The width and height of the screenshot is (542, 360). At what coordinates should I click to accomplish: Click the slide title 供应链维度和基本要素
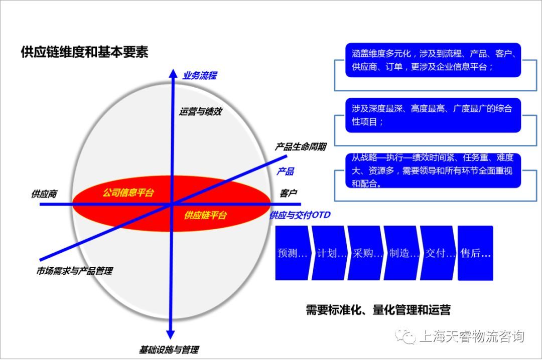click(84, 52)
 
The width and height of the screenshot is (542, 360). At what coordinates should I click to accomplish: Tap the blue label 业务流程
click(199, 76)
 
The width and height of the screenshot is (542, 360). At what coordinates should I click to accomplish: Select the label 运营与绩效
click(200, 111)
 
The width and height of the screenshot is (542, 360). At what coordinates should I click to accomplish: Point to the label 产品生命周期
click(300, 147)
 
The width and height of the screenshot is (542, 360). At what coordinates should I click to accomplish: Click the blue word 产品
click(285, 171)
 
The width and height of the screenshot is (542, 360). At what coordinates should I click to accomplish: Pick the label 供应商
click(44, 194)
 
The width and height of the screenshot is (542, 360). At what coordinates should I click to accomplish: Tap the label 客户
click(289, 193)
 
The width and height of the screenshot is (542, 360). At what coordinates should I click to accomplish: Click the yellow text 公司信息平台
click(128, 193)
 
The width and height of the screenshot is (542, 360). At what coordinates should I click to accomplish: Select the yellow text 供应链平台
click(205, 216)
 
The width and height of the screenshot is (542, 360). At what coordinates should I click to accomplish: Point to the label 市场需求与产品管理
click(74, 271)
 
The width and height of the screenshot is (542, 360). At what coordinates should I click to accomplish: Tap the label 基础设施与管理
click(169, 349)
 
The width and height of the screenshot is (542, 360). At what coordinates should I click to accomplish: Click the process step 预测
click(292, 253)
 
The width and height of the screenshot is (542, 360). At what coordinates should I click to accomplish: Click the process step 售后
click(475, 253)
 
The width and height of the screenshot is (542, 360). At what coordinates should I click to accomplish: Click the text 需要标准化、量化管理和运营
click(378, 310)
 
